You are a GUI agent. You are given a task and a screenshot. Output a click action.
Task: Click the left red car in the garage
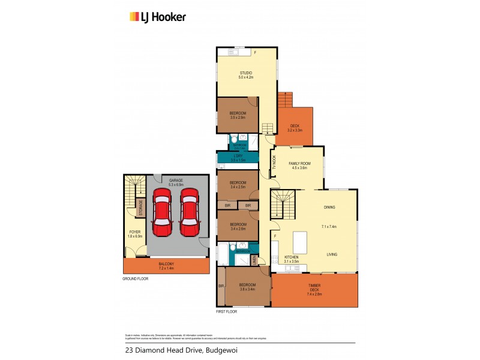tap(162, 214)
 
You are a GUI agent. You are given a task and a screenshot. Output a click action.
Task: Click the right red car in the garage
tap(189, 214)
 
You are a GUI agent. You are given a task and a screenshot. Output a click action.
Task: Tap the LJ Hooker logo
tap(158, 17)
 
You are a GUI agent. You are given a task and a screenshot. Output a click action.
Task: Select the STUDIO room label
tap(246, 74)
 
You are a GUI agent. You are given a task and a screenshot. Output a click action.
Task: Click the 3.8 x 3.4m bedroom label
tap(247, 287)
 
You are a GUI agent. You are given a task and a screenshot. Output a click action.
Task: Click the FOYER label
tap(135, 233)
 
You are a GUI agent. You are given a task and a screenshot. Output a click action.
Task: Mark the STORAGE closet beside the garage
tap(141, 208)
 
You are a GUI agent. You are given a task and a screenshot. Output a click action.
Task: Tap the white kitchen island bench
tap(300, 243)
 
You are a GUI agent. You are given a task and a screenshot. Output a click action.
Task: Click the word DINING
tap(329, 208)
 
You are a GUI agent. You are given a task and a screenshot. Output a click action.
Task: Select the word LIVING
tap(332, 254)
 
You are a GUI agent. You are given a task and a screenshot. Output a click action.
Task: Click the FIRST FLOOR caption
tap(226, 312)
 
